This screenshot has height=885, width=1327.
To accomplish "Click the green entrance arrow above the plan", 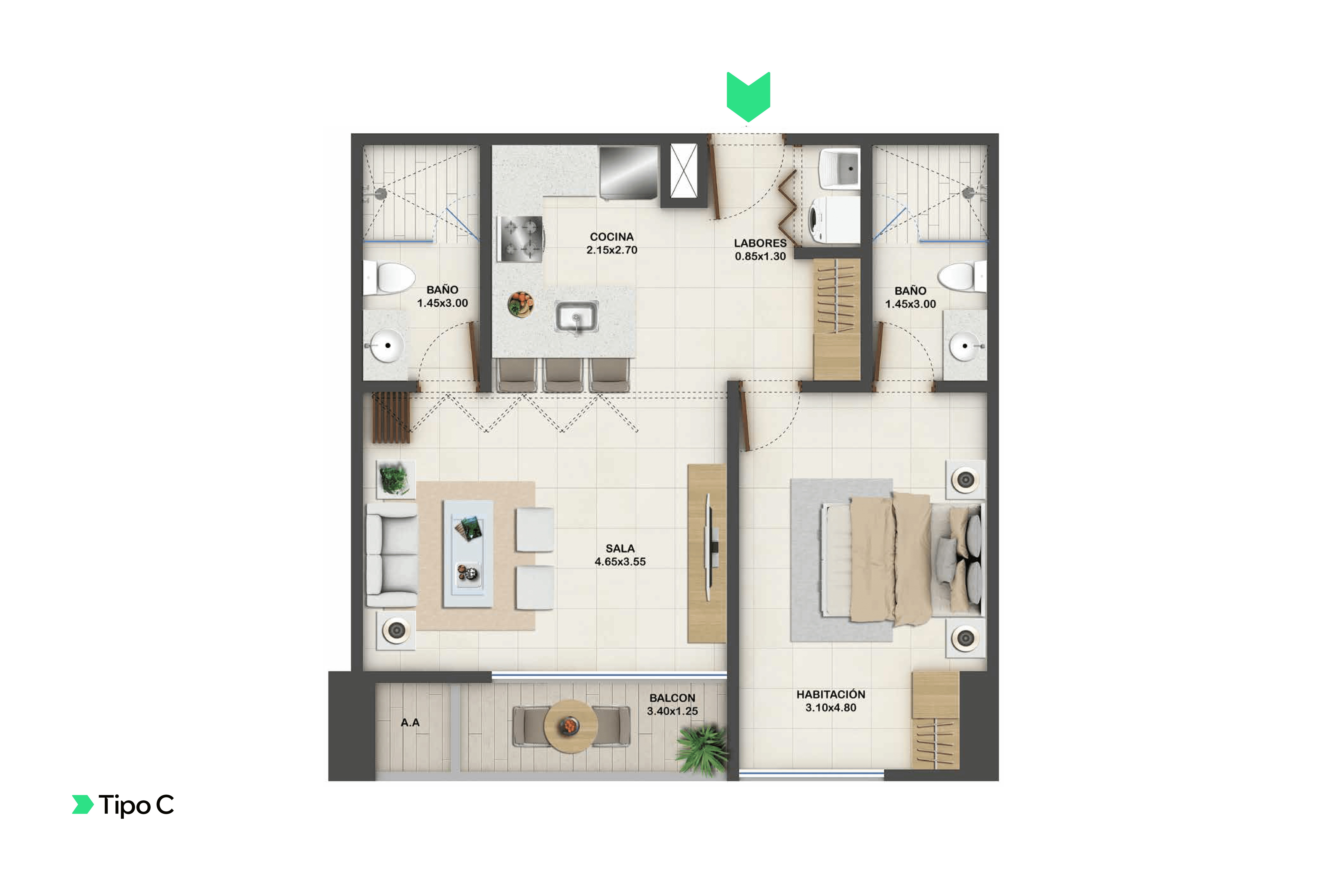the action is pyautogui.click(x=748, y=96).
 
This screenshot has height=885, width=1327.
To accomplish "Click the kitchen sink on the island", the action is pyautogui.click(x=576, y=317).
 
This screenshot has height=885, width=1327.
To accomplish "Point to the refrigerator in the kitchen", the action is pyautogui.click(x=628, y=173).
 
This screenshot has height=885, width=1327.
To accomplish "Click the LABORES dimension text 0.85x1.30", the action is pyautogui.click(x=760, y=256).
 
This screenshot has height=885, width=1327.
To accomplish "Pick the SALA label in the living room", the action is pyautogui.click(x=620, y=549).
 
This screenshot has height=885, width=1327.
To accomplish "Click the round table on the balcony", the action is pyautogui.click(x=570, y=726).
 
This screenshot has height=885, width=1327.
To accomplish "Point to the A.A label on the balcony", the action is pyautogui.click(x=410, y=722).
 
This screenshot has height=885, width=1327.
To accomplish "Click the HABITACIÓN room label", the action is pyautogui.click(x=830, y=694).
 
